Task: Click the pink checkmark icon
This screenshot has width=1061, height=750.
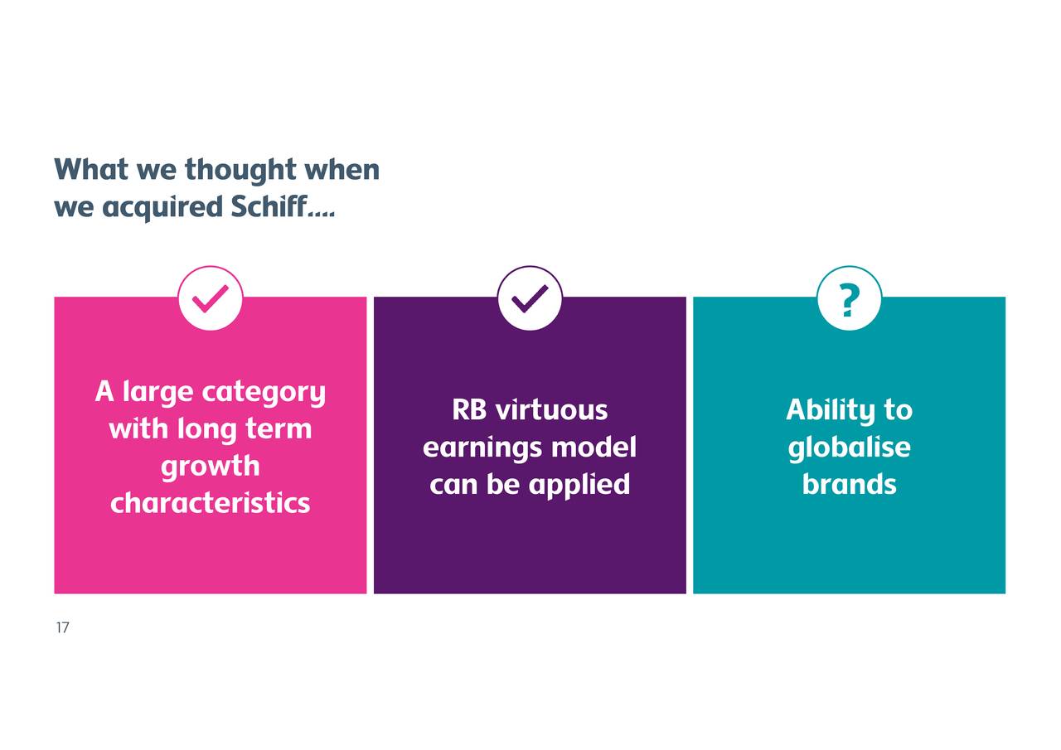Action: point(211,298)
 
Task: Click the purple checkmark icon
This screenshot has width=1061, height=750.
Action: point(530,298)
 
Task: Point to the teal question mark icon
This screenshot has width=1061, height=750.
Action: point(850,298)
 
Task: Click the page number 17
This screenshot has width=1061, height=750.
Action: point(62,627)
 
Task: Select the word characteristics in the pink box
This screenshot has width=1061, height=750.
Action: point(211,502)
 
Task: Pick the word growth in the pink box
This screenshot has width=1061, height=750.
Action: point(211,467)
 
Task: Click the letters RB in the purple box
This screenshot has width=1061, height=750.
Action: point(469,409)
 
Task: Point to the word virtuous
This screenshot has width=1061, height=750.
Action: point(551,409)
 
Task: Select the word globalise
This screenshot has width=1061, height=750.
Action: point(850,448)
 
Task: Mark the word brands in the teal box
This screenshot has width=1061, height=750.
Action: point(850,484)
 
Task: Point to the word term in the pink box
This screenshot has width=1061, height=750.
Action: point(279,429)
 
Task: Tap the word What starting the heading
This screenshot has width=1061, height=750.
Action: point(91,169)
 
